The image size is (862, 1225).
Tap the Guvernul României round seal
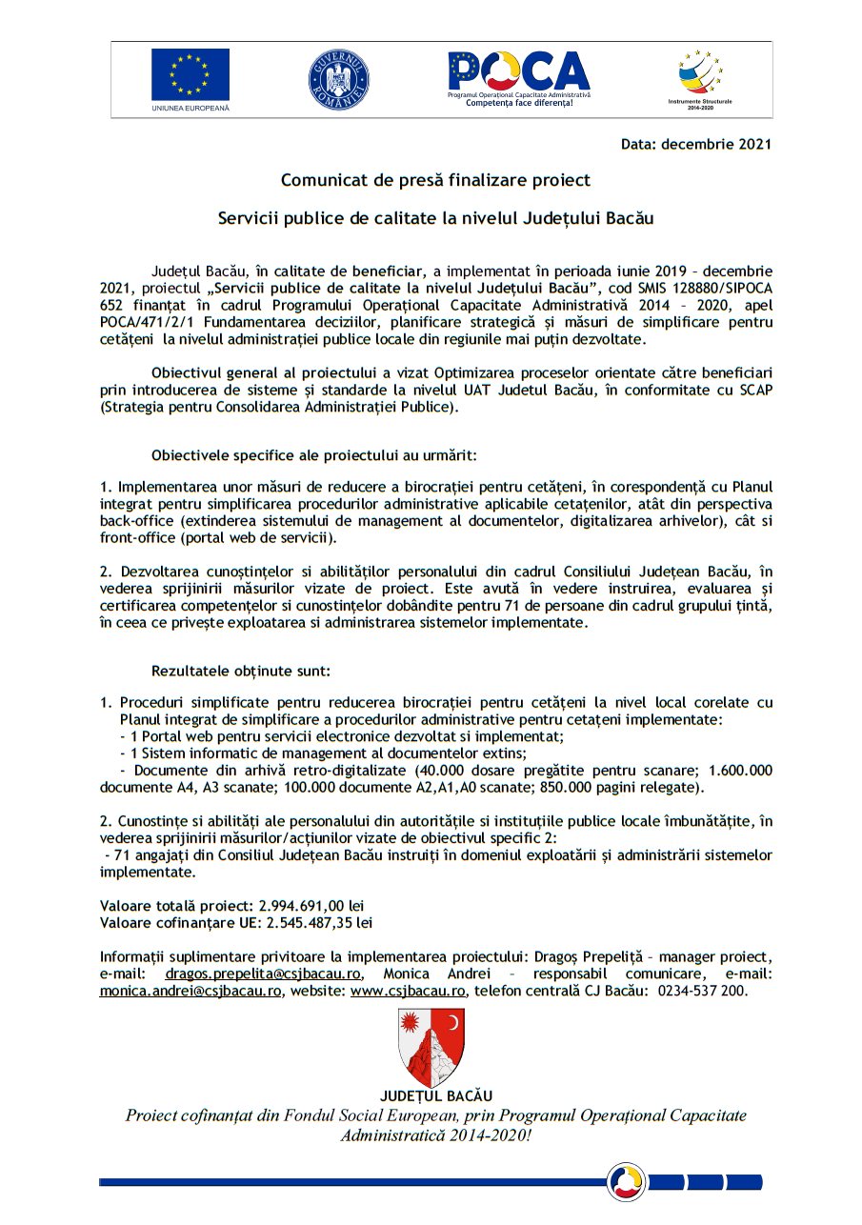(338, 76)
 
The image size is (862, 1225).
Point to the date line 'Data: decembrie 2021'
(695, 145)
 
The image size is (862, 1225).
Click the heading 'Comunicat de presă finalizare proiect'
(435, 180)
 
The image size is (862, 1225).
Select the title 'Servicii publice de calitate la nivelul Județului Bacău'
(435, 218)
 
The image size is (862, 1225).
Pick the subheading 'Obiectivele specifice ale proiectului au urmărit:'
(313, 455)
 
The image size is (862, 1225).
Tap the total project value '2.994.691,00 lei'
(311, 905)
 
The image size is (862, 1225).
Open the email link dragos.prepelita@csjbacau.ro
(262, 974)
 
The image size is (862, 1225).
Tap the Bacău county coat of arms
(431, 1048)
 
